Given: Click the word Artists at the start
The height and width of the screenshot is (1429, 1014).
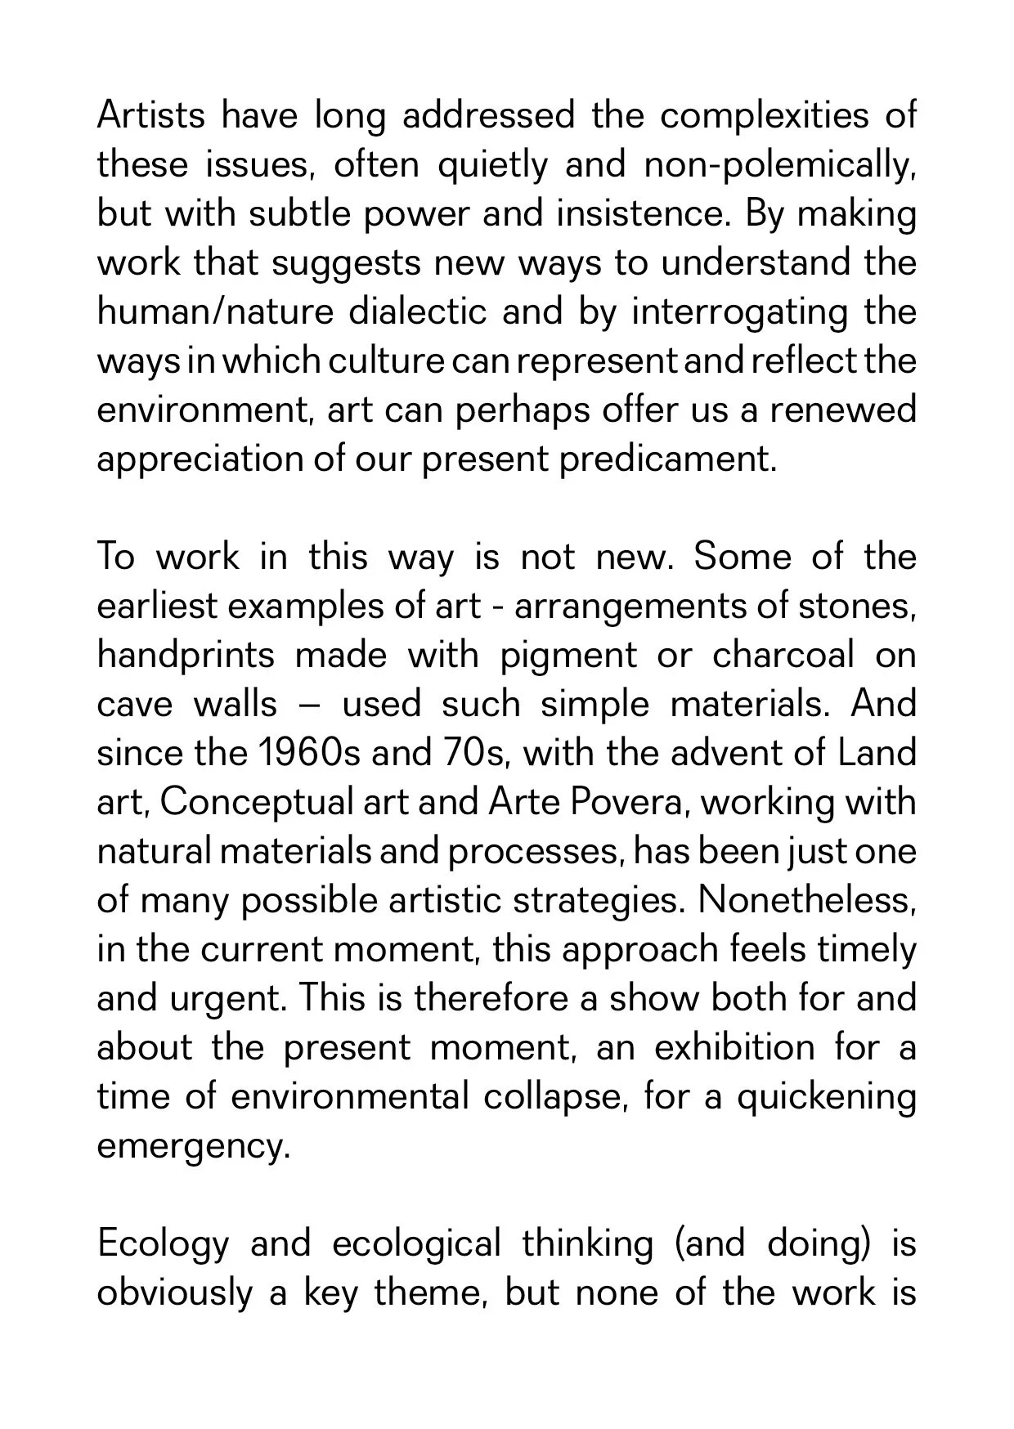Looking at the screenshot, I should (x=150, y=115).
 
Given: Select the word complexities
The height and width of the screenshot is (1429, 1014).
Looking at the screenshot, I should (x=764, y=115).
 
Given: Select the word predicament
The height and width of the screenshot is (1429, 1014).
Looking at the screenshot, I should (x=667, y=459).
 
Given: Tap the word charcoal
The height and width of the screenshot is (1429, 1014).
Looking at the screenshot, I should (x=783, y=655).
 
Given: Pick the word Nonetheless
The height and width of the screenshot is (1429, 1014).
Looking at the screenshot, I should (x=807, y=900).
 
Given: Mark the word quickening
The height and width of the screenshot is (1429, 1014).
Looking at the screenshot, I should (x=826, y=1096).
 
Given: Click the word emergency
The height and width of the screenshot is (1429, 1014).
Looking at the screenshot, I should (x=194, y=1145).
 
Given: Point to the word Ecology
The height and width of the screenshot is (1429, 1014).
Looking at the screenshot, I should (x=163, y=1244).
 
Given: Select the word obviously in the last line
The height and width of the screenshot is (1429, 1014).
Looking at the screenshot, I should (x=174, y=1293).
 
